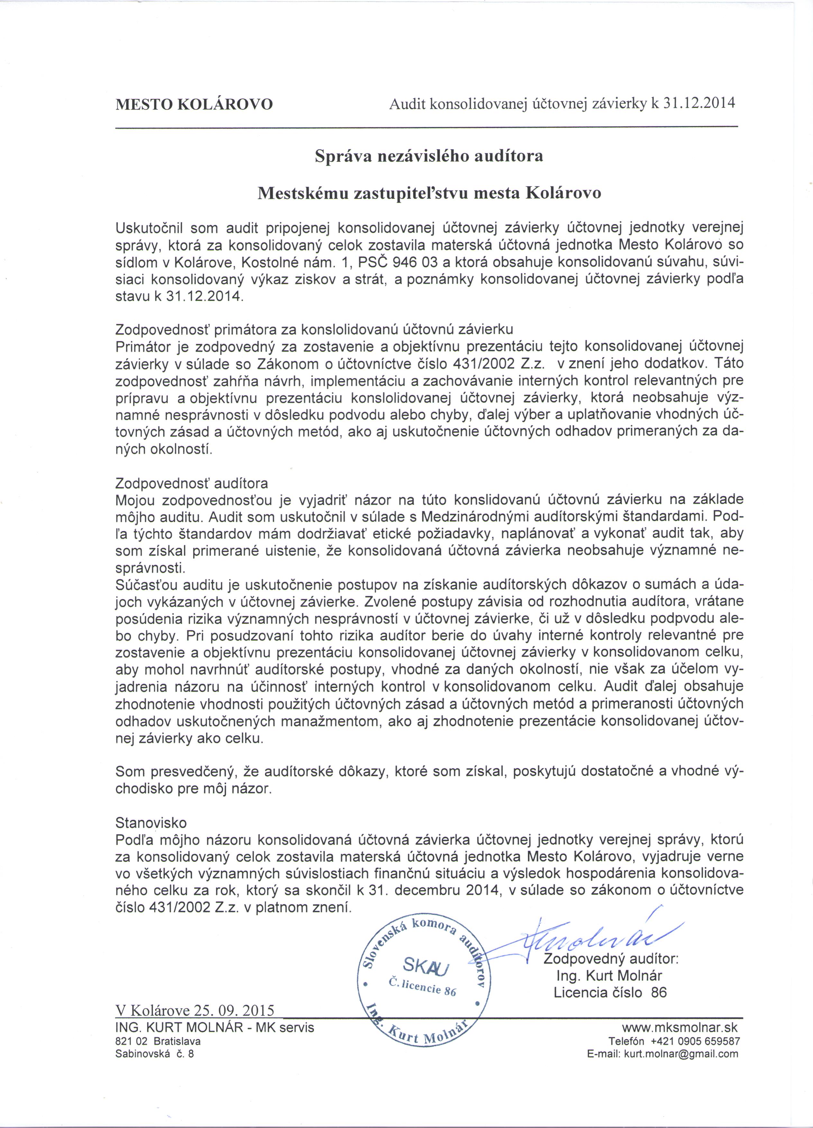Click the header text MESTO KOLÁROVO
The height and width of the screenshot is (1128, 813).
click(194, 105)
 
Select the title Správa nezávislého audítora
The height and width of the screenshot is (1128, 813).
click(429, 156)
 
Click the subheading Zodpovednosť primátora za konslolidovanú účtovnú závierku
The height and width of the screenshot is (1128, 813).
click(314, 329)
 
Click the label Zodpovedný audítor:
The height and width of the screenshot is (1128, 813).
click(611, 958)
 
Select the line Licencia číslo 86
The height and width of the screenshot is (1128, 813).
click(610, 992)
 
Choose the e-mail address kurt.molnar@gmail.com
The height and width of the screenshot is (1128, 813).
click(681, 1053)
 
